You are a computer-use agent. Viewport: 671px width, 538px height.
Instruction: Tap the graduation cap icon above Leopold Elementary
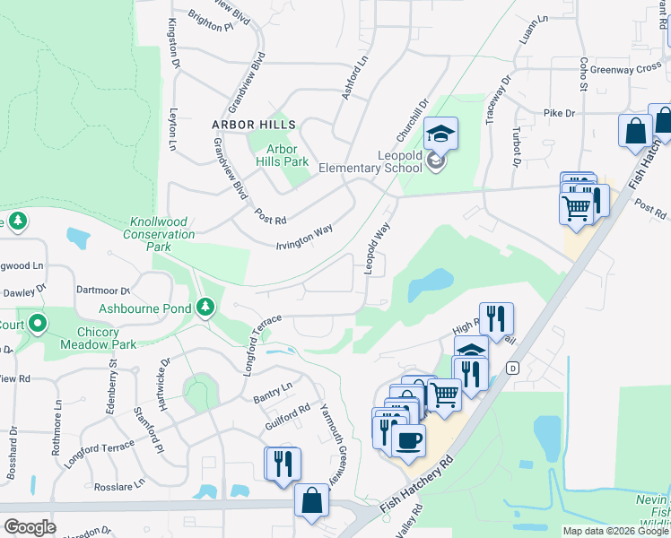[440, 134]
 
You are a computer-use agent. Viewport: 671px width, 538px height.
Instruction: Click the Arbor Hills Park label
[282, 155]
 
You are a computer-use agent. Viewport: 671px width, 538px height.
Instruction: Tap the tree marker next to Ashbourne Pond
[206, 308]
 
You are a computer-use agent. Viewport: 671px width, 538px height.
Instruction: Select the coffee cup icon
[408, 440]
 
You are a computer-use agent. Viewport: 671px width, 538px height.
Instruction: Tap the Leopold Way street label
[377, 243]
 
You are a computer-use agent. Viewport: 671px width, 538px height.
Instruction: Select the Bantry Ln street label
[273, 390]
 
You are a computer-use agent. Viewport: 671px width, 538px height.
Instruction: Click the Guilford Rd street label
[286, 414]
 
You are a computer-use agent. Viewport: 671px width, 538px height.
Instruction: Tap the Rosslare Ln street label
[114, 483]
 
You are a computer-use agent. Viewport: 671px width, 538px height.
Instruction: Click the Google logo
[30, 527]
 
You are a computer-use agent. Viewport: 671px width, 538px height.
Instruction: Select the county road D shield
[512, 368]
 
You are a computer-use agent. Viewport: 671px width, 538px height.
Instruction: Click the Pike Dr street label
[558, 114]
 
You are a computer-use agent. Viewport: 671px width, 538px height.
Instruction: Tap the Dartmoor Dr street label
[104, 291]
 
